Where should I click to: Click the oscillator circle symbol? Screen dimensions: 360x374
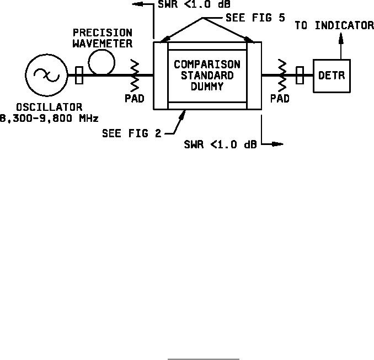(x=43, y=76)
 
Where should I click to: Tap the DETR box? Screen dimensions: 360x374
(x=332, y=76)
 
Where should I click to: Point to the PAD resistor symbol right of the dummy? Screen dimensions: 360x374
(x=282, y=76)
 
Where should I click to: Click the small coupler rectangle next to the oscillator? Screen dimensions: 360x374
(x=79, y=76)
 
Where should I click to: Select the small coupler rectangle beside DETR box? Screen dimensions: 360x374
(x=300, y=76)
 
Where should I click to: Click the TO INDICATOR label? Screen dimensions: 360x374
(x=334, y=25)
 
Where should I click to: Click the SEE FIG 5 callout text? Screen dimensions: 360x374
(x=255, y=18)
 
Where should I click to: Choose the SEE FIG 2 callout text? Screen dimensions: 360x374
(x=132, y=133)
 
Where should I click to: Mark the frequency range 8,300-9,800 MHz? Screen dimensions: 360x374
(x=49, y=117)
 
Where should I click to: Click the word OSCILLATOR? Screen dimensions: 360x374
(x=49, y=106)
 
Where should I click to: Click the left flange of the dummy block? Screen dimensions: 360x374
(x=160, y=75)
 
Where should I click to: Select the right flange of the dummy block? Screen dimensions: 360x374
(x=254, y=75)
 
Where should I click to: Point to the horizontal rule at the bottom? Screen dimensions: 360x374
(x=204, y=359)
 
